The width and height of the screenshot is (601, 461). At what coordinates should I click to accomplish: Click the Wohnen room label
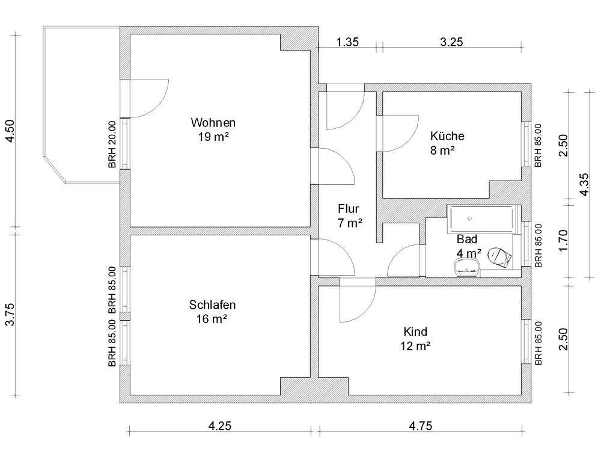coord(210,122)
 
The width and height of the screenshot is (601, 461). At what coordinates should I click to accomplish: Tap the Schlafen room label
coord(212,305)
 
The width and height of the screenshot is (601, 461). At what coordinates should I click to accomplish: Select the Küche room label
coord(447,136)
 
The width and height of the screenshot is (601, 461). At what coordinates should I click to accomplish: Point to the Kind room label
coord(415,332)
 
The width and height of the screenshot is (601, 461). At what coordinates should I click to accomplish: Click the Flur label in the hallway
coord(349,209)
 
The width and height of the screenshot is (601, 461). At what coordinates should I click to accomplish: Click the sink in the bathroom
coord(466,265)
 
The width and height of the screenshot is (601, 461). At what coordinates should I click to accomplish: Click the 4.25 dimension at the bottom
coord(219,426)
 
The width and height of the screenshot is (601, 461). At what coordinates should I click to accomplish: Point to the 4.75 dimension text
coord(421,426)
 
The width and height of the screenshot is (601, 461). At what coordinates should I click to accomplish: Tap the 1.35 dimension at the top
coord(347,42)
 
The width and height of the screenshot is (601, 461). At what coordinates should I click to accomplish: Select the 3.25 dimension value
coord(451,42)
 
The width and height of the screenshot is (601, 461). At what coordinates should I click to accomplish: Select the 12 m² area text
coord(415,346)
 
